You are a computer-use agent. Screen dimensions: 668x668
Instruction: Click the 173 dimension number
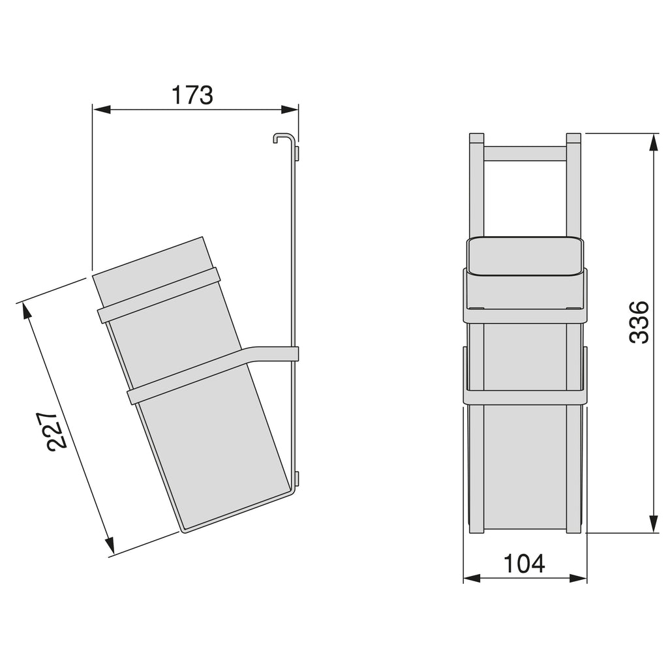[192, 95]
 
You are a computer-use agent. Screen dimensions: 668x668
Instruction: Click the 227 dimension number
[56, 431]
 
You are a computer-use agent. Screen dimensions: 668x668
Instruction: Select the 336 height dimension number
[639, 322]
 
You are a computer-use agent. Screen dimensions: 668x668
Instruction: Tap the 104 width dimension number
[524, 564]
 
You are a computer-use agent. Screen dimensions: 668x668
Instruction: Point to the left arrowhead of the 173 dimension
[102, 110]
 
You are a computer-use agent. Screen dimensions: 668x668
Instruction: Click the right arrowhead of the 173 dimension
[290, 110]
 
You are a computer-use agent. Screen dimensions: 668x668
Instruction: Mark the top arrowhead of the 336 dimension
[653, 142]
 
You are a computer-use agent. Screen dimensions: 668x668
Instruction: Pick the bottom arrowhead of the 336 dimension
[653, 524]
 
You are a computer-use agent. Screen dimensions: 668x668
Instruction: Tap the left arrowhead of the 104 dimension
[472, 578]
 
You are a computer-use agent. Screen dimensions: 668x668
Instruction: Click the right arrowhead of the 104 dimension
[578, 578]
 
